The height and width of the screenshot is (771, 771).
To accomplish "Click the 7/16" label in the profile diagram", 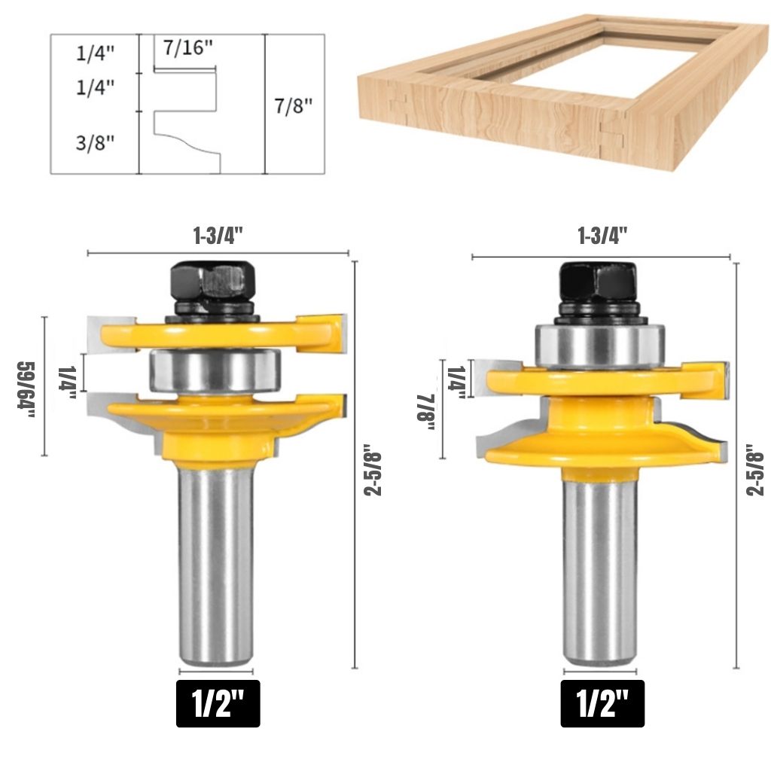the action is pos(188,47).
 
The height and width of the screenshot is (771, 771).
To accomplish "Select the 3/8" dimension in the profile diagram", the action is pos(95,142).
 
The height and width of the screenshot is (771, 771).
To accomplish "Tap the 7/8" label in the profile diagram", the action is pos(294,105).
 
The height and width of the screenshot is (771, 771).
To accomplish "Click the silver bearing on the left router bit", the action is pos(215,370).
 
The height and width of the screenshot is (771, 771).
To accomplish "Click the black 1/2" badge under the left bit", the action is pos(218,703).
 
